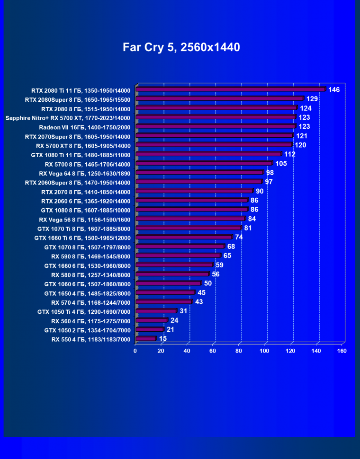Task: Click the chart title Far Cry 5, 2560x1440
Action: tap(181, 47)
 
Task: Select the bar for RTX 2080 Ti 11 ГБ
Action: tap(231, 89)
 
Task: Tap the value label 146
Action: tap(334, 89)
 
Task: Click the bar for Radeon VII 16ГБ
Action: tap(216, 126)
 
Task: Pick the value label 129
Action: tap(312, 99)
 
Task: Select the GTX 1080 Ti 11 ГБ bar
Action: tap(208, 154)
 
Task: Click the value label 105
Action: tap(281, 163)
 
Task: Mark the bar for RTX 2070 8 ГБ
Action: tap(195, 191)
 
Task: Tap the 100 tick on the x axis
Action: tap(264, 351)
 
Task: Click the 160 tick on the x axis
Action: tap(342, 351)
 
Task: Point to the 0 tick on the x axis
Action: tap(135, 351)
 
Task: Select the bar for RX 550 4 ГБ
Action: tap(145, 339)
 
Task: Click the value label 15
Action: tap(163, 339)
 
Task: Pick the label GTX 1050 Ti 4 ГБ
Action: tap(84, 311)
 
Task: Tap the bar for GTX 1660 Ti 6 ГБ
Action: tap(184, 237)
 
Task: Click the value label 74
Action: tap(239, 237)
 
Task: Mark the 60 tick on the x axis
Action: tap(213, 351)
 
